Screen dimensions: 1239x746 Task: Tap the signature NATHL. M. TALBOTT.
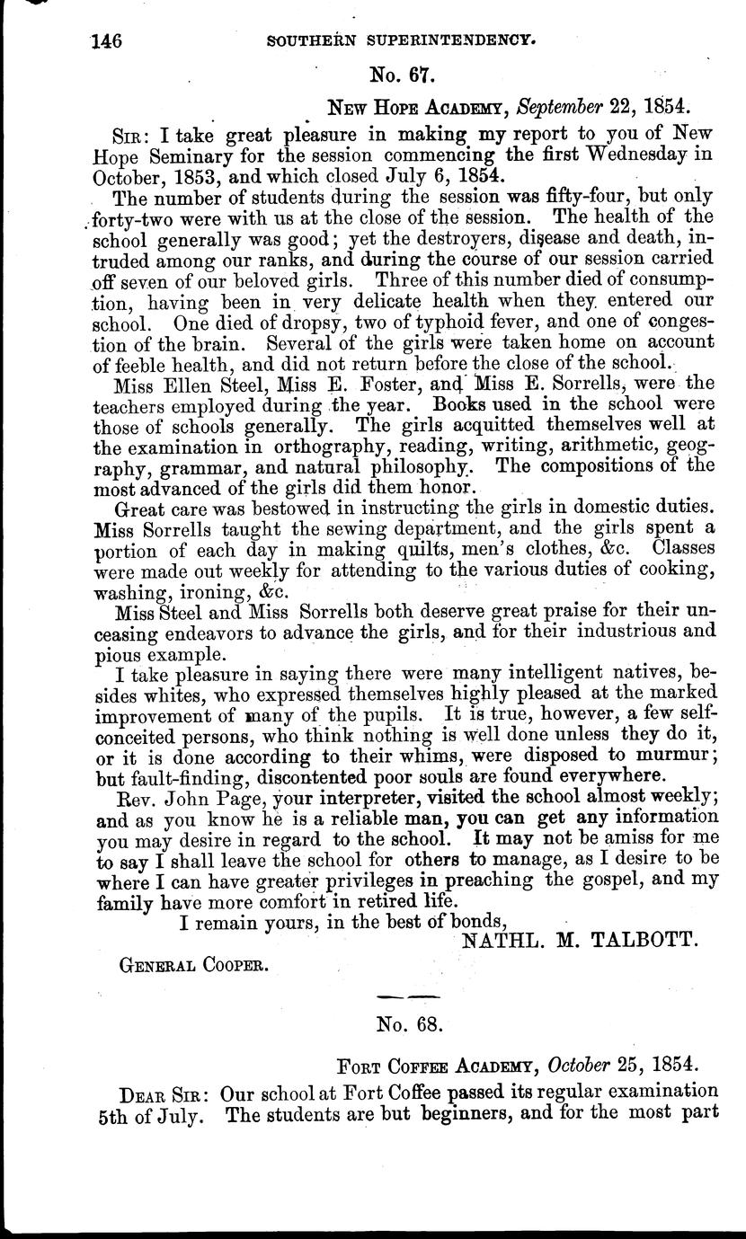(579, 940)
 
